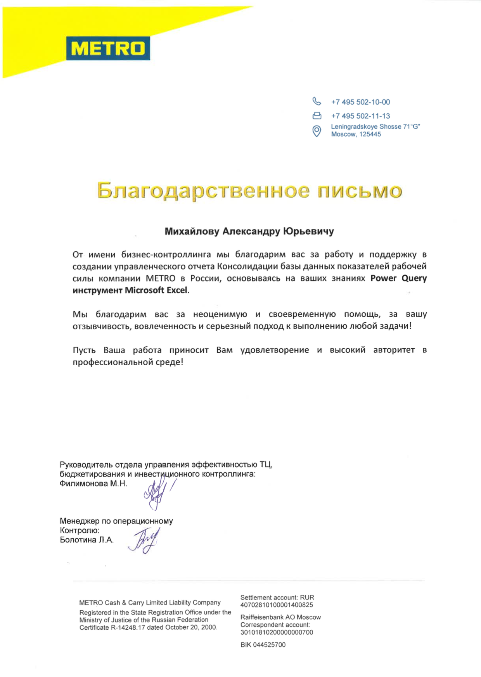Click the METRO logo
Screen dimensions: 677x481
click(108, 48)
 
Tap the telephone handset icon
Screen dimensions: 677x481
click(317, 102)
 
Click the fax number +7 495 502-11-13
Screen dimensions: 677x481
click(360, 116)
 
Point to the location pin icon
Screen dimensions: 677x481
click(317, 131)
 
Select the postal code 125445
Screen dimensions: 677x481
click(370, 134)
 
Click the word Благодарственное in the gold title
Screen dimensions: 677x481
click(203, 191)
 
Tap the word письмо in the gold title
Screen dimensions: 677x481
click(359, 191)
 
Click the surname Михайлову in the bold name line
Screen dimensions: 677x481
click(192, 231)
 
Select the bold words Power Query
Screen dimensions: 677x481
click(398, 278)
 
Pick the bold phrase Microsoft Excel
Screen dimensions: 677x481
click(156, 290)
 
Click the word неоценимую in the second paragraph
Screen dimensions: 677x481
click(220, 314)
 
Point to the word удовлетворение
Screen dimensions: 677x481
click(275, 350)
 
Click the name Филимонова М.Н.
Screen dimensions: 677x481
click(93, 484)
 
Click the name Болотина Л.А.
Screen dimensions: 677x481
click(87, 540)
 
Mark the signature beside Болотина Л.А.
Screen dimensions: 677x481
click(144, 541)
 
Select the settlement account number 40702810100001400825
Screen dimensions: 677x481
click(277, 605)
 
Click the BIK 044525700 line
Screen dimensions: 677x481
click(263, 645)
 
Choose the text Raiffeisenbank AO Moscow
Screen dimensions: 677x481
click(280, 617)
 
